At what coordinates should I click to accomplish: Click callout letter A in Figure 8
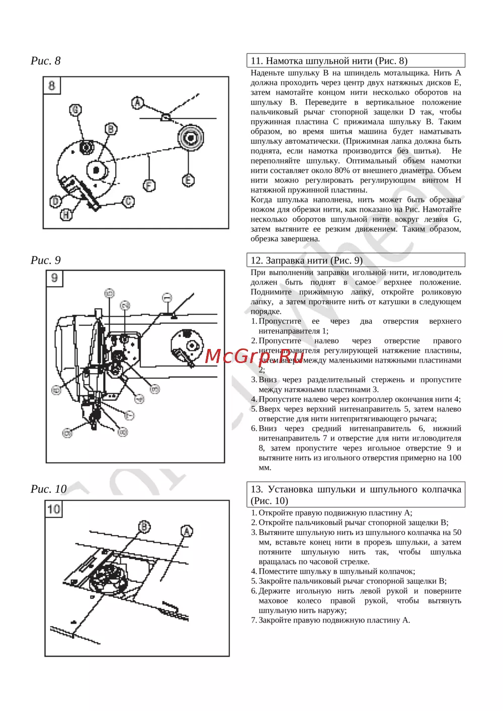[x=137, y=103]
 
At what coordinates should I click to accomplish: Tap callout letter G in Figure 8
[x=75, y=110]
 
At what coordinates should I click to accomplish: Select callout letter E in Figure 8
[x=188, y=180]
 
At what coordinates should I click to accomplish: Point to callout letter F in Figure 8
[x=149, y=185]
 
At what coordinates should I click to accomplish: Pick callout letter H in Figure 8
[x=66, y=214]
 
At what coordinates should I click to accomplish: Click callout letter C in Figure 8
[x=129, y=202]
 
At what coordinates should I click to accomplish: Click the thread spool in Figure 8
[x=191, y=138]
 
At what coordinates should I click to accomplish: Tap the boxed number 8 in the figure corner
[x=52, y=85]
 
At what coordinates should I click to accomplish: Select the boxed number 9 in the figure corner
[x=54, y=278]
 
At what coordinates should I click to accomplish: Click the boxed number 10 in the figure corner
[x=53, y=509]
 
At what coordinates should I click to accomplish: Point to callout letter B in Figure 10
[x=144, y=526]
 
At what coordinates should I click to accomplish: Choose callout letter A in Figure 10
[x=187, y=531]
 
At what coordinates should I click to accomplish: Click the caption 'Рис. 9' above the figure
[x=45, y=260]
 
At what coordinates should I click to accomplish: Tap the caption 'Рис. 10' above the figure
[x=48, y=489]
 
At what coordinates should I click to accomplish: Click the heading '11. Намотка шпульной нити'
[x=329, y=61]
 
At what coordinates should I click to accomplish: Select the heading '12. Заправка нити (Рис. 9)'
[x=306, y=260]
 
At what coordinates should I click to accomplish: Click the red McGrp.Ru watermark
[x=254, y=356]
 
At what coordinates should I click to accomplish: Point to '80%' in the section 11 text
[x=342, y=170]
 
